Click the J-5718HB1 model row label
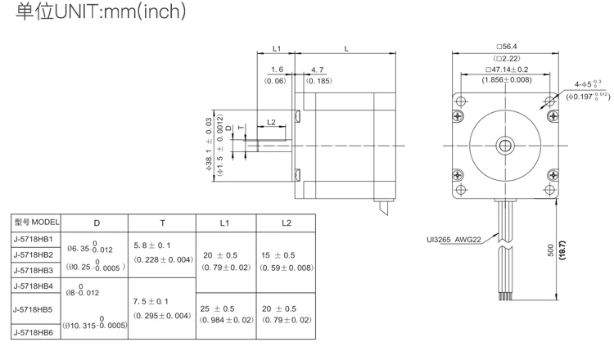coord(34,239)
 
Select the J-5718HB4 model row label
coord(34,286)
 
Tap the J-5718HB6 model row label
coord(34,333)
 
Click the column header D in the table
coord(97,223)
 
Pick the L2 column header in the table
coord(287,223)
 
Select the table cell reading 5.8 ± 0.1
coord(152,245)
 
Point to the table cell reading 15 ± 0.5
coord(278,255)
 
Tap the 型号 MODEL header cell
coord(36,223)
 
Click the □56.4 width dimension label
coord(507,47)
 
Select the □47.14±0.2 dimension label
coord(507,70)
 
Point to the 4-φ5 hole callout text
coord(588,83)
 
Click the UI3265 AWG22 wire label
coord(454,240)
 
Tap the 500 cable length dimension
coord(551,250)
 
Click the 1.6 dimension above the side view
coord(278,70)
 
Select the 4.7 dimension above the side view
coord(318,70)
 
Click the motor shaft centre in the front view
coord(505,146)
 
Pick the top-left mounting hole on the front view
coord(461,101)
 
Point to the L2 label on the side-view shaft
coord(271,123)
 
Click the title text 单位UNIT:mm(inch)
coord(101,11)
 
